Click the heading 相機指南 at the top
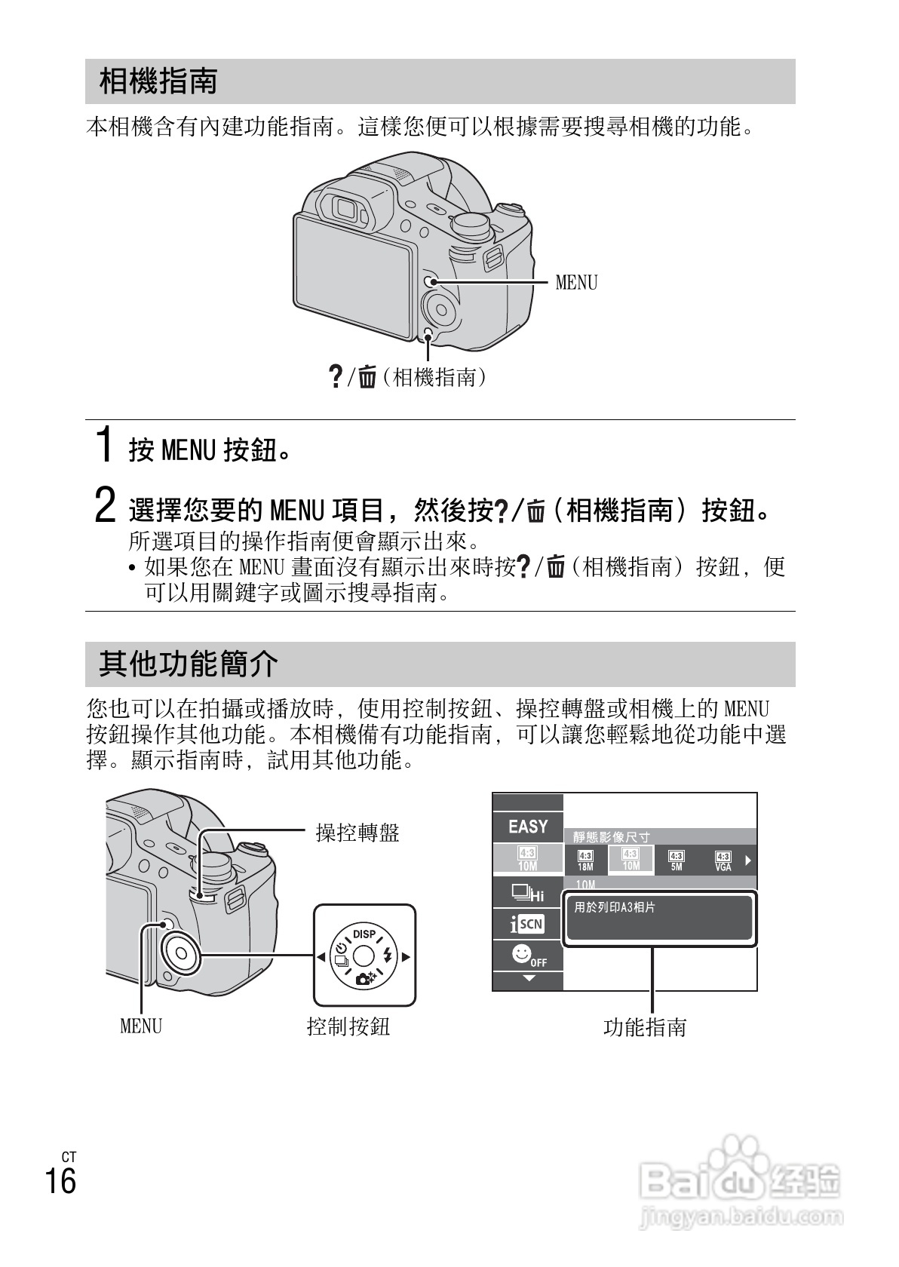coord(158,81)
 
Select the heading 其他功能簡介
coord(189,664)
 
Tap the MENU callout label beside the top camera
coord(576,283)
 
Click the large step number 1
coord(107,444)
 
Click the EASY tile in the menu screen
coord(528,827)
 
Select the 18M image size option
coord(585,861)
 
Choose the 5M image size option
coord(677,861)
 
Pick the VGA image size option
coord(723,861)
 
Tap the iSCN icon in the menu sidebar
coord(527,924)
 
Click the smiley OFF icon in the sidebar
coord(528,956)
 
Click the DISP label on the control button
coord(364,934)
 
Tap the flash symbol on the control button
coord(388,956)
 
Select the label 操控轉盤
coord(357,833)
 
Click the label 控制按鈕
coord(348,1026)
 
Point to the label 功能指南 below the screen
coord(645,1027)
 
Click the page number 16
coord(60,1181)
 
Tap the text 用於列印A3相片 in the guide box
coord(615,907)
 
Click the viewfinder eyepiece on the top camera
coord(348,207)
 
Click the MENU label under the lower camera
coord(141,1026)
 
